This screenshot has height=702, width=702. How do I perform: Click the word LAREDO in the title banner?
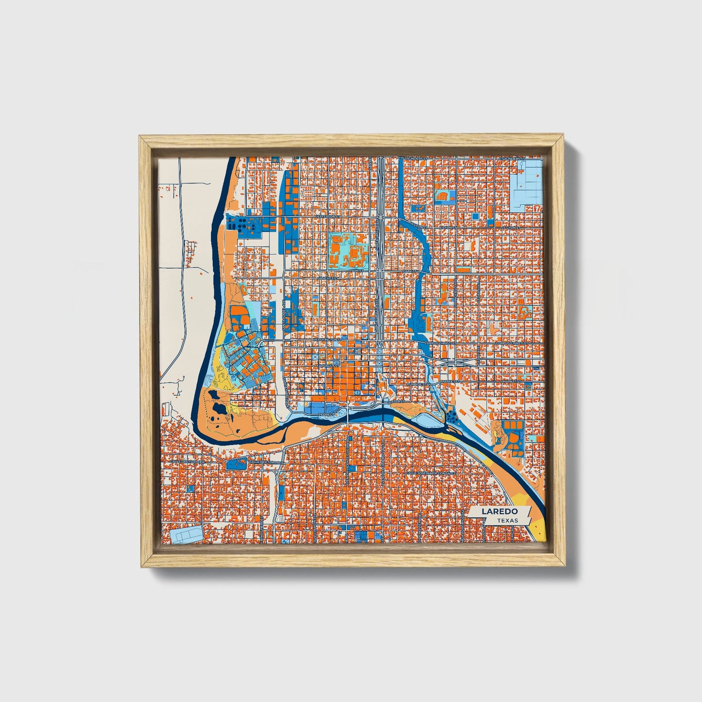pyautogui.click(x=499, y=512)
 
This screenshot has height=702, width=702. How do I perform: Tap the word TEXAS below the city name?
pyautogui.click(x=507, y=521)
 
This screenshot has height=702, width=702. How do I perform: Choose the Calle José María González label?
pyautogui.click(x=430, y=472)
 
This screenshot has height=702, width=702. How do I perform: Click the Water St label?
pyautogui.click(x=396, y=402)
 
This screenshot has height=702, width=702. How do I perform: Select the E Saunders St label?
pyautogui.click(x=514, y=158)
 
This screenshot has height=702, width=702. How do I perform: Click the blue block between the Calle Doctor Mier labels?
pyautogui.click(x=236, y=463)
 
